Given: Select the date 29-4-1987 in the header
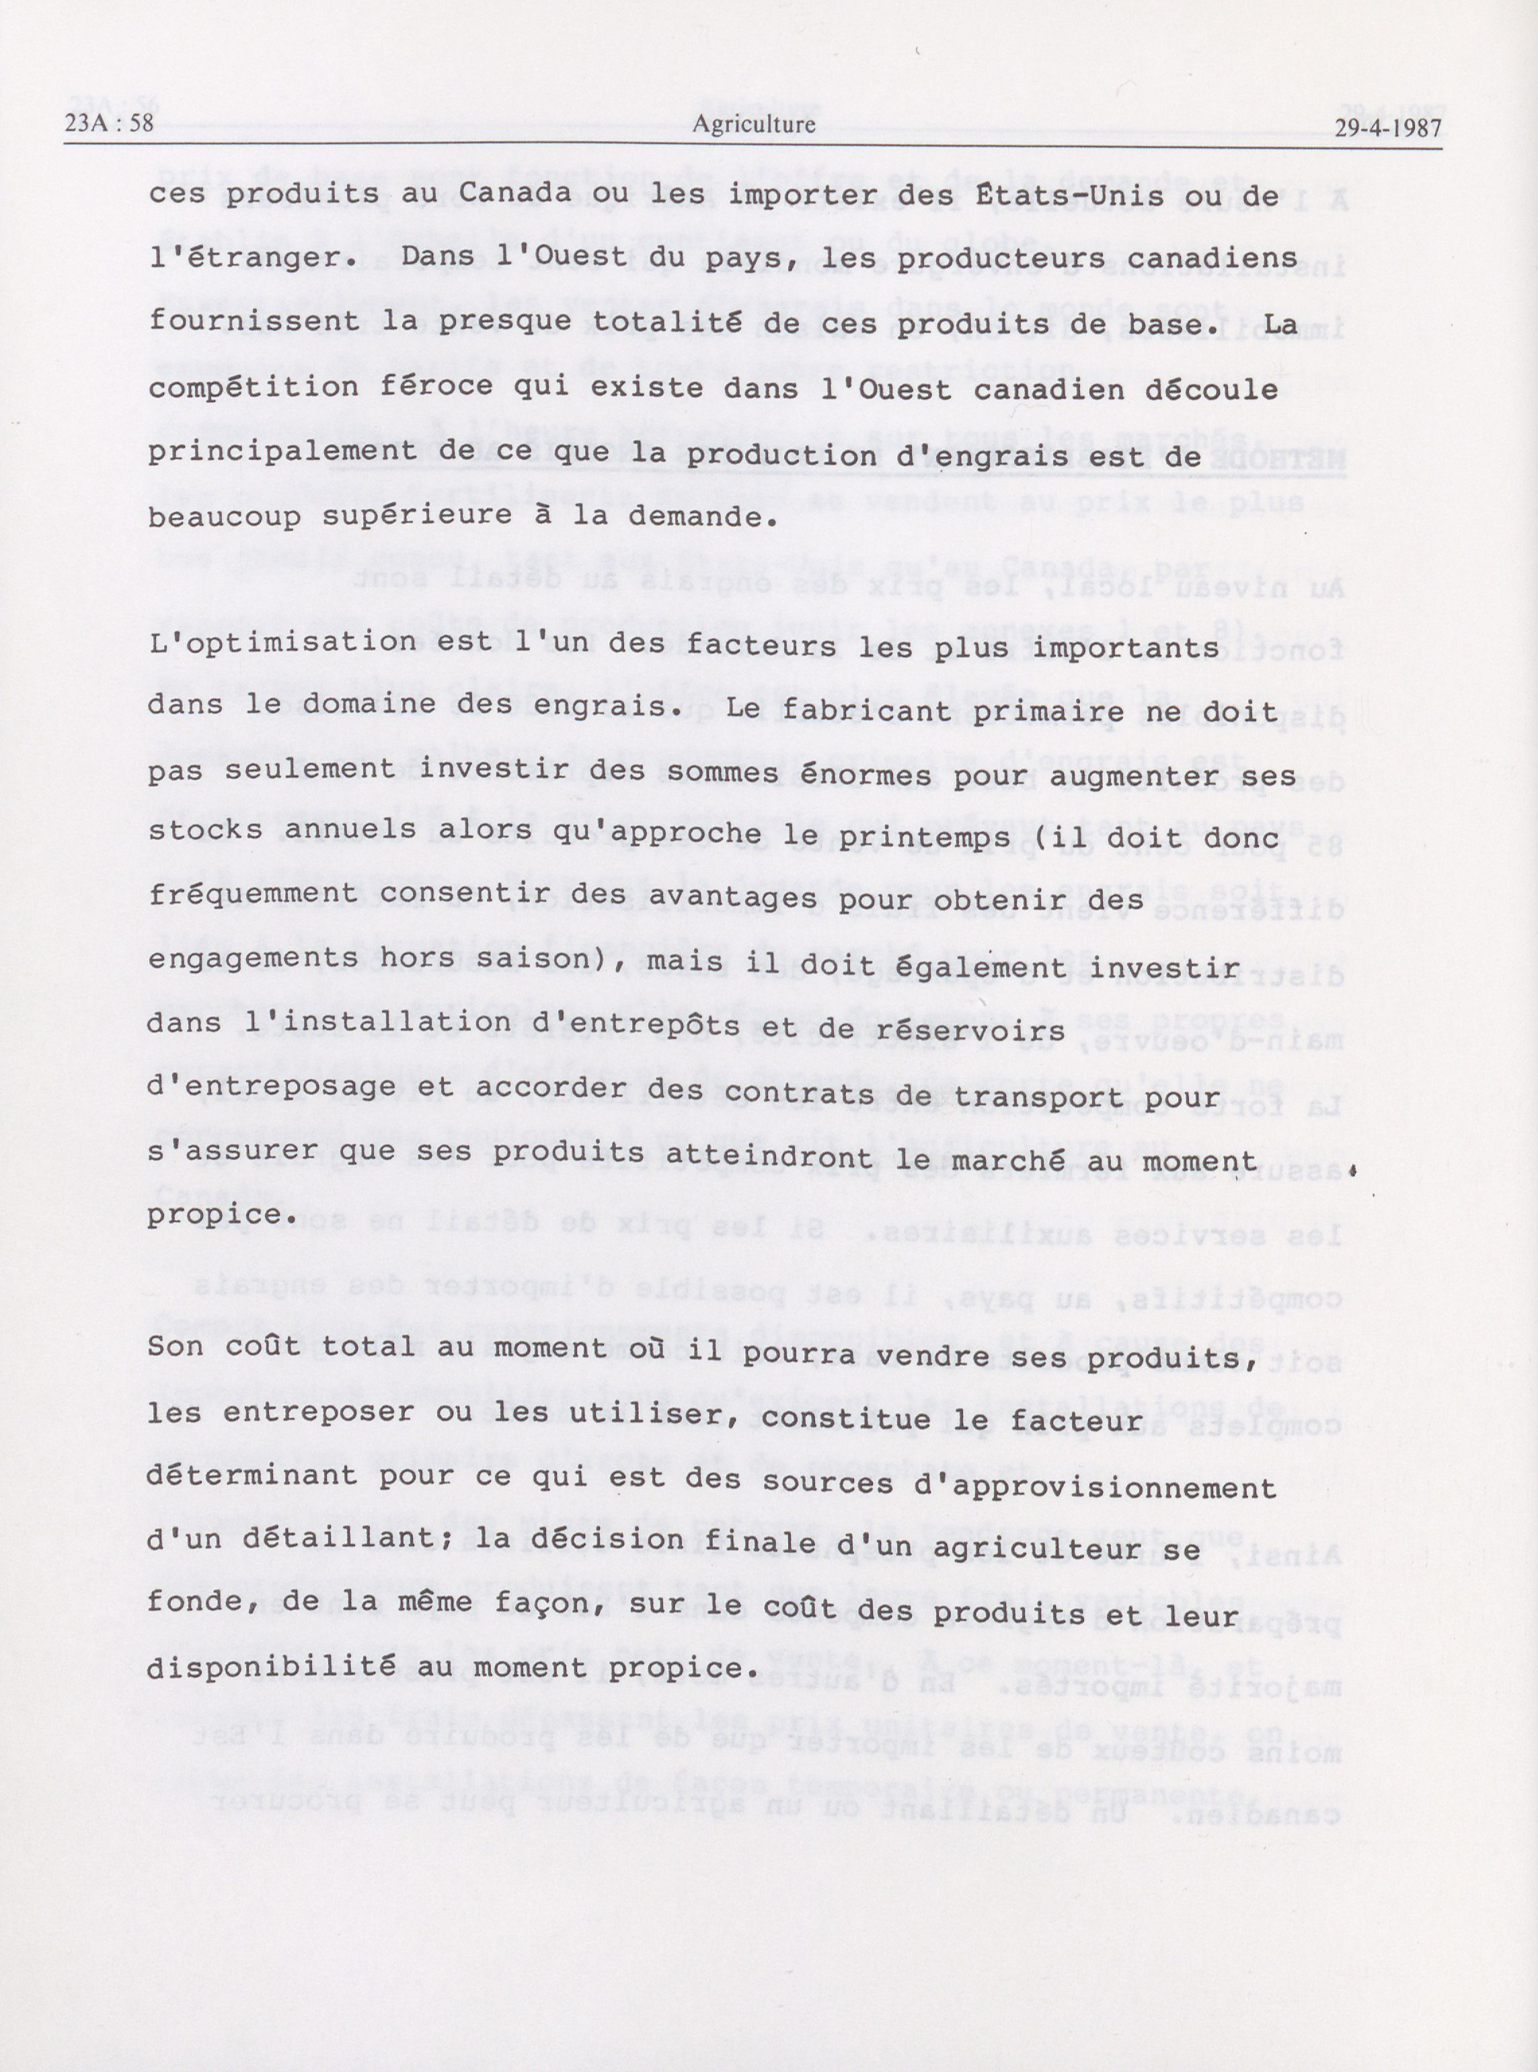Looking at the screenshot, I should [1387, 128].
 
